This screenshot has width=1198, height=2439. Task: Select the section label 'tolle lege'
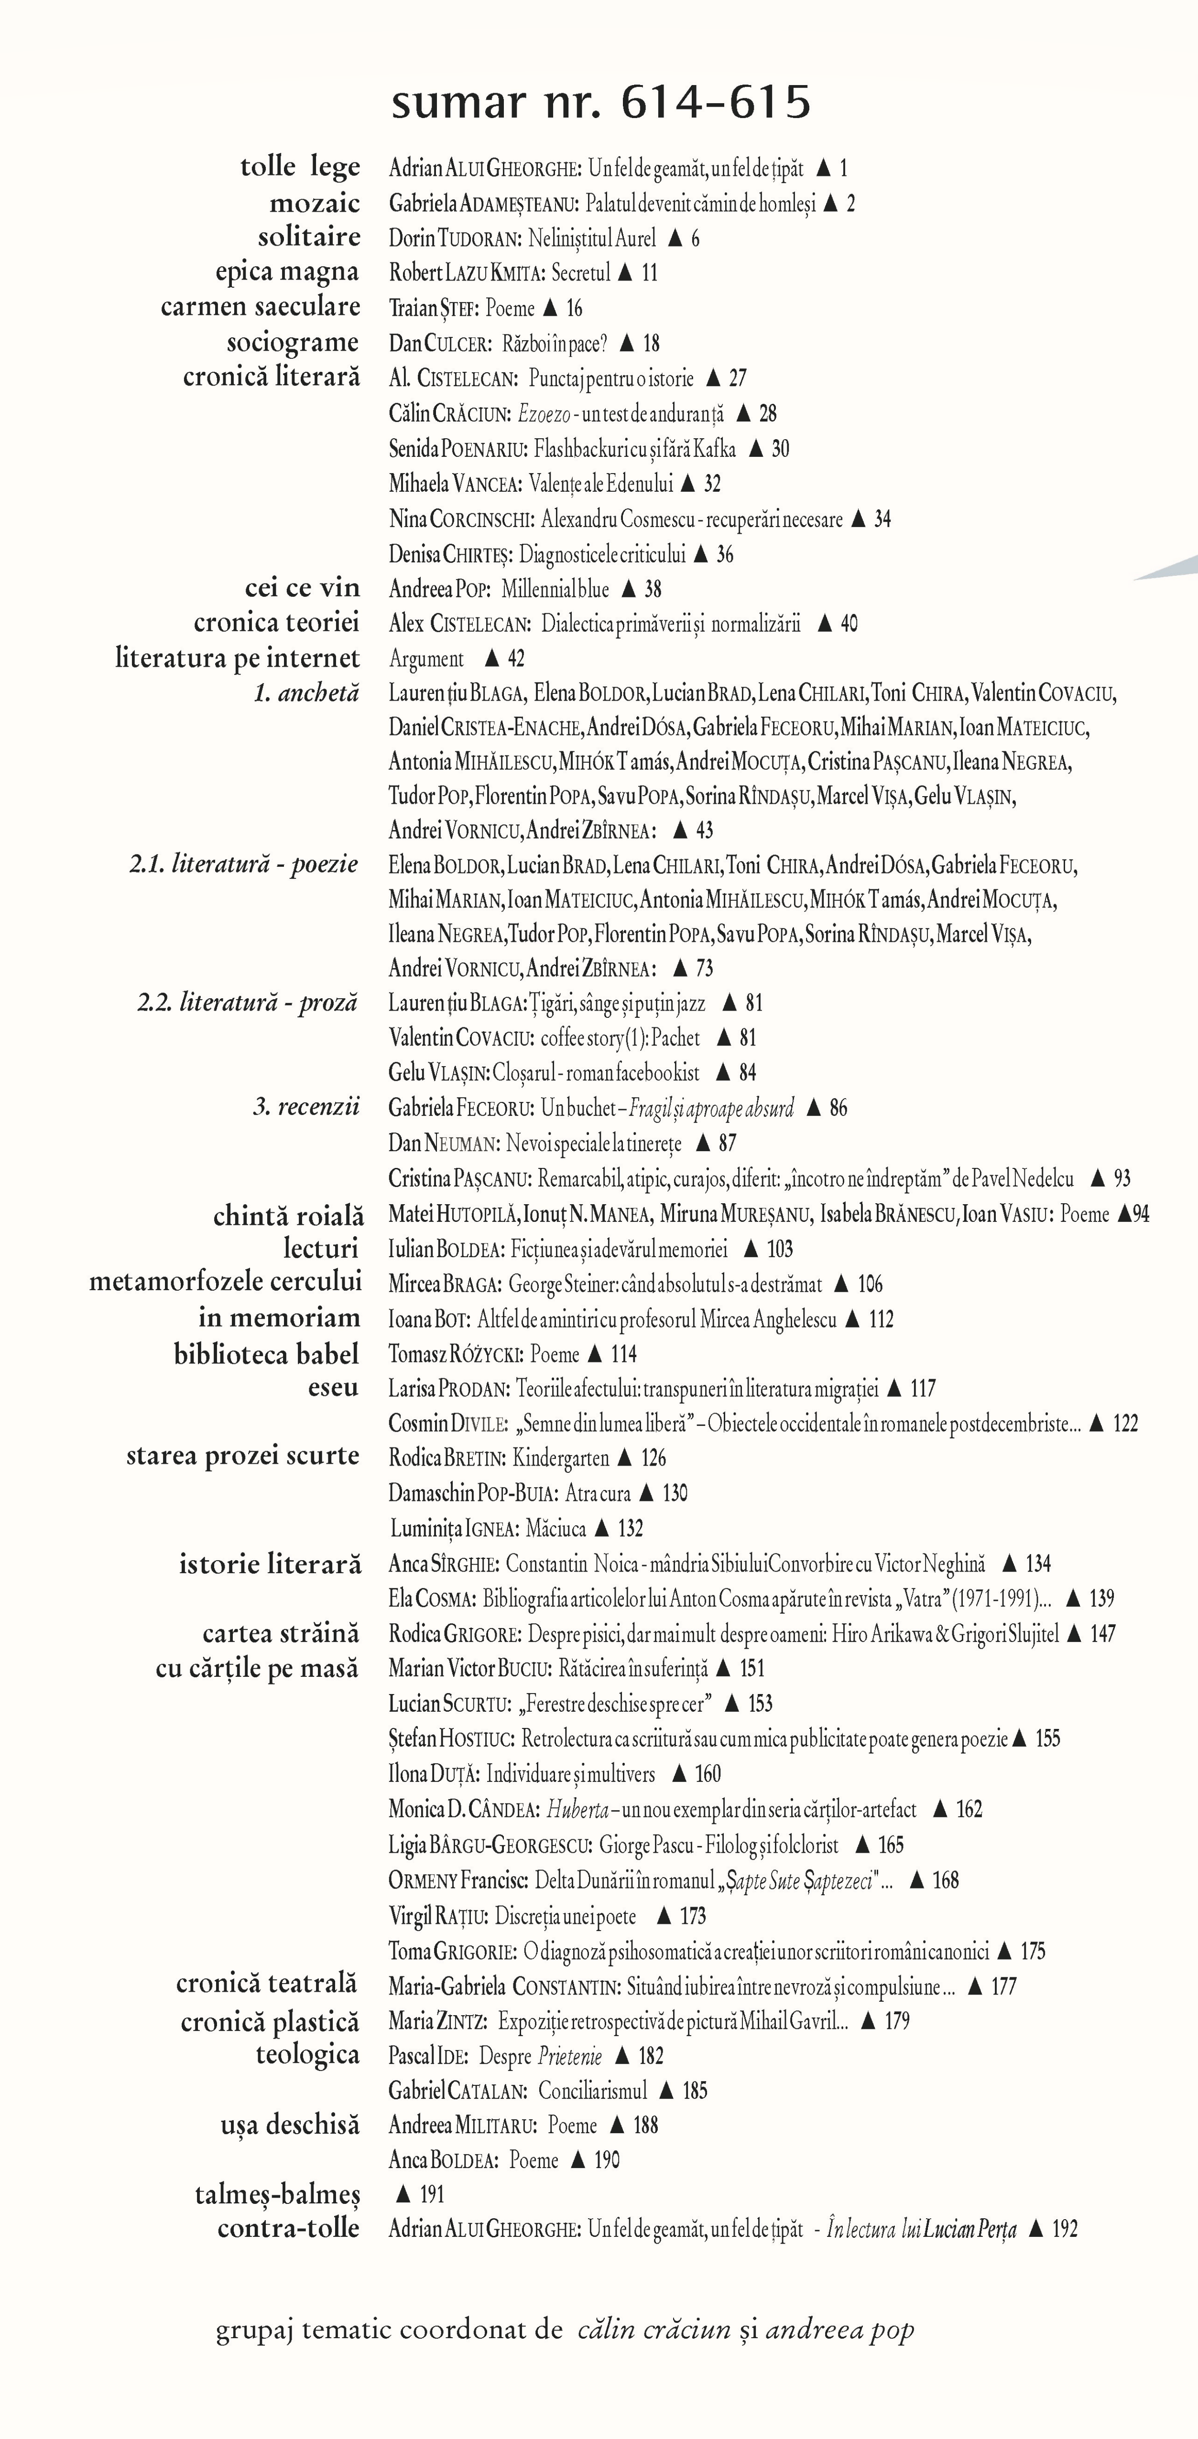tap(299, 168)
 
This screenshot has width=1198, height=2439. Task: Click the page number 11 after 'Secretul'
tap(649, 273)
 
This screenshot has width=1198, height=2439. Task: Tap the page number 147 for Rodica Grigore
tap(1103, 1633)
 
